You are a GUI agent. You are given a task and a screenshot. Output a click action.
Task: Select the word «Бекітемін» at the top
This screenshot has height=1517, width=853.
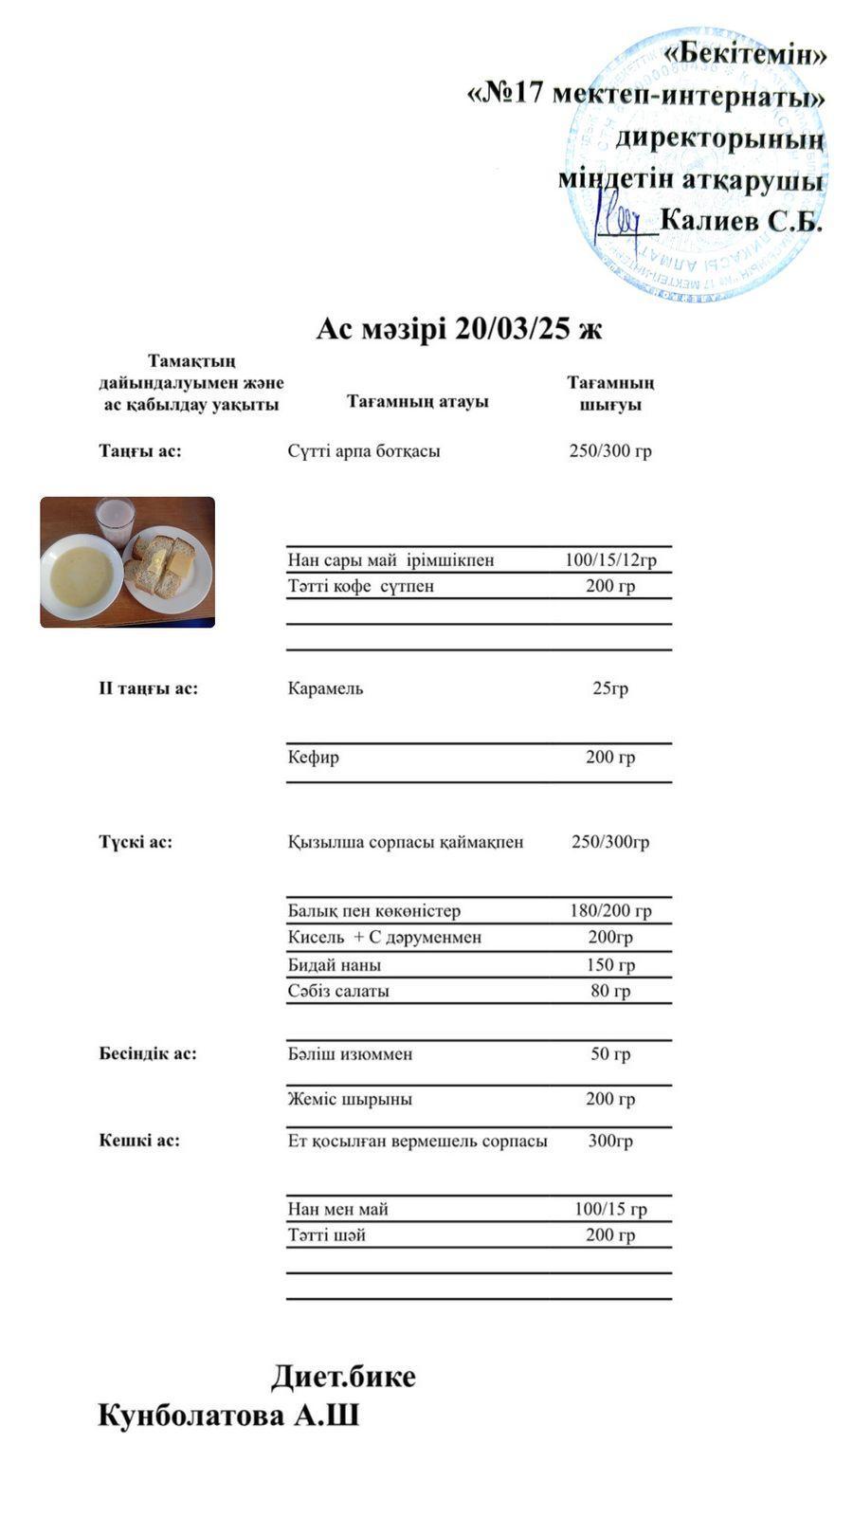[744, 54]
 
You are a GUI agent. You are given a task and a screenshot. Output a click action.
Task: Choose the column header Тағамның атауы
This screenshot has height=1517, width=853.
[417, 401]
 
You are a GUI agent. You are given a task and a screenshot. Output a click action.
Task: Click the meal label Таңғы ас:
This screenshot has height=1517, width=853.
[140, 451]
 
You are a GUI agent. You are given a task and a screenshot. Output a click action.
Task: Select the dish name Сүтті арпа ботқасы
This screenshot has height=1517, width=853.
[364, 451]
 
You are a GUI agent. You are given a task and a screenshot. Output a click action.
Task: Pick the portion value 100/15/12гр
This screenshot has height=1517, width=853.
[610, 559]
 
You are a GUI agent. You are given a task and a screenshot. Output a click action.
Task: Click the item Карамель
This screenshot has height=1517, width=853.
[325, 688]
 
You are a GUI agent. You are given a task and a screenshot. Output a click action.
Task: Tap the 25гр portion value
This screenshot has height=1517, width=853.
[610, 688]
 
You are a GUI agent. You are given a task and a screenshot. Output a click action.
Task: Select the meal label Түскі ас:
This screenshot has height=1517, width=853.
[136, 842]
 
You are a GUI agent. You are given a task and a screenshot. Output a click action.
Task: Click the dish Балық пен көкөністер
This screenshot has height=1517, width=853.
[374, 911]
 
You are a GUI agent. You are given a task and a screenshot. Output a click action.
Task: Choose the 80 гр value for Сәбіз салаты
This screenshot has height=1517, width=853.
[610, 992]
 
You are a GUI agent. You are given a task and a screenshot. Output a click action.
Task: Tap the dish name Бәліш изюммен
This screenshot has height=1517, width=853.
[350, 1054]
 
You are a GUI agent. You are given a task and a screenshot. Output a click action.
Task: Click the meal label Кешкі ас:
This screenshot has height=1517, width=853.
[139, 1141]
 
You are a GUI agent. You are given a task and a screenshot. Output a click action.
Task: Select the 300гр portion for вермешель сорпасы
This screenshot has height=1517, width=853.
[610, 1141]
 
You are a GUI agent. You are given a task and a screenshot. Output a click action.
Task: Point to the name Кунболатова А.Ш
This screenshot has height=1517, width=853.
[228, 1416]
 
